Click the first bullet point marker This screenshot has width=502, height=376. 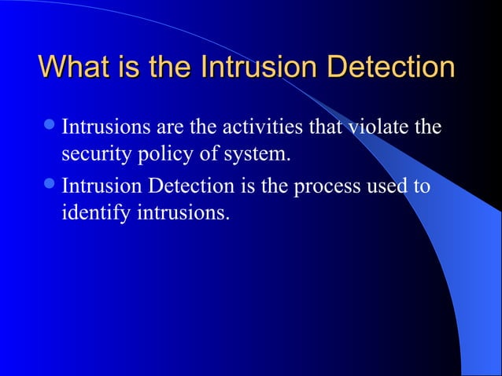50,126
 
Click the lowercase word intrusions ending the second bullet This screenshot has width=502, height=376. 179,213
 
